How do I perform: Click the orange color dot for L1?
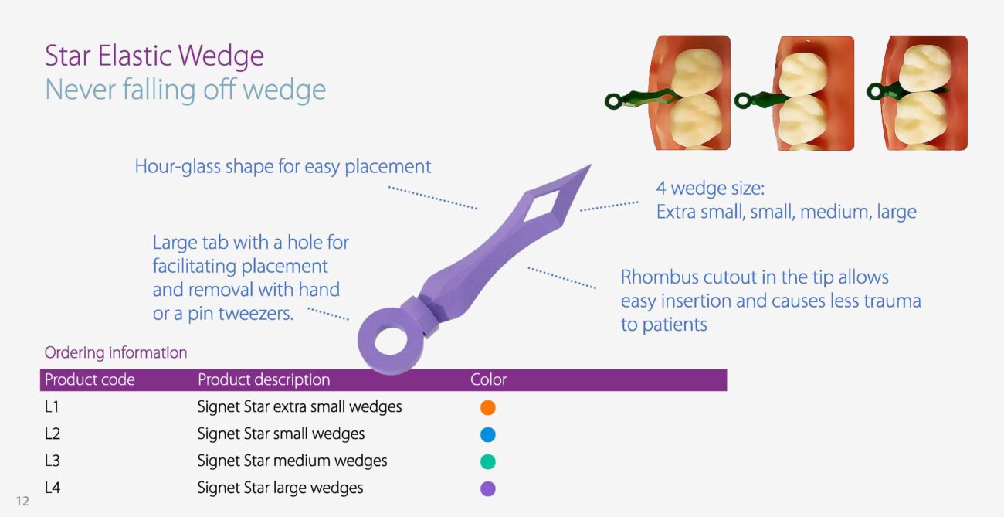(x=487, y=407)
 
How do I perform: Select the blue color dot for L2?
(x=487, y=434)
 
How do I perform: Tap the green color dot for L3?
(x=487, y=461)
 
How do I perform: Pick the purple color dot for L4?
(x=487, y=488)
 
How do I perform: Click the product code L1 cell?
(x=52, y=406)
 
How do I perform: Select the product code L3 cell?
(x=52, y=461)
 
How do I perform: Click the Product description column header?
(x=263, y=379)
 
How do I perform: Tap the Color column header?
(x=488, y=379)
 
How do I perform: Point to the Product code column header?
(x=90, y=379)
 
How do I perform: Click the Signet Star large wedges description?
(x=280, y=488)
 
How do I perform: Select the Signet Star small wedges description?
(x=281, y=434)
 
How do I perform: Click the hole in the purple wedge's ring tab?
(x=391, y=342)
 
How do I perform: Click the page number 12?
(x=22, y=501)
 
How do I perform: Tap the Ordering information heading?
(x=116, y=352)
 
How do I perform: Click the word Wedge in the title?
(x=221, y=56)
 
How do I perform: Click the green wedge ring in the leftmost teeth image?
(x=614, y=101)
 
